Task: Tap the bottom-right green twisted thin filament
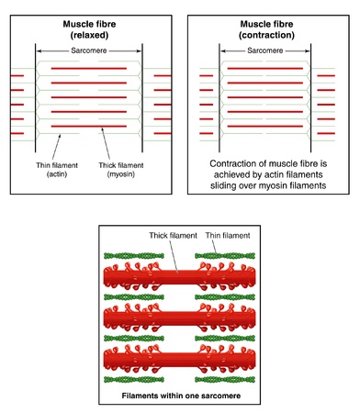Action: pos(224,377)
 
